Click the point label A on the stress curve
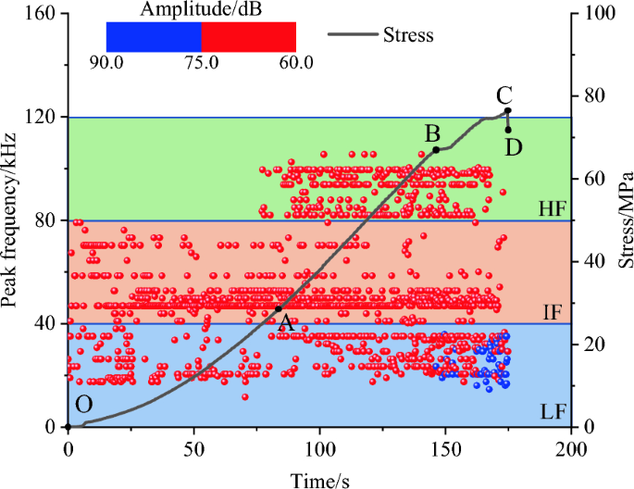(287, 323)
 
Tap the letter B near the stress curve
(431, 132)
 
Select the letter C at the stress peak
(503, 94)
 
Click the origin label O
(84, 404)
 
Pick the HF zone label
(553, 209)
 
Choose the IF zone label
(553, 311)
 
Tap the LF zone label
(553, 413)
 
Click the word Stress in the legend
(408, 36)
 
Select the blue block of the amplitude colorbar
(154, 36)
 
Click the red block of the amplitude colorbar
(248, 36)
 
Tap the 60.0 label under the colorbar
(295, 63)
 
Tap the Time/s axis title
(319, 476)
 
